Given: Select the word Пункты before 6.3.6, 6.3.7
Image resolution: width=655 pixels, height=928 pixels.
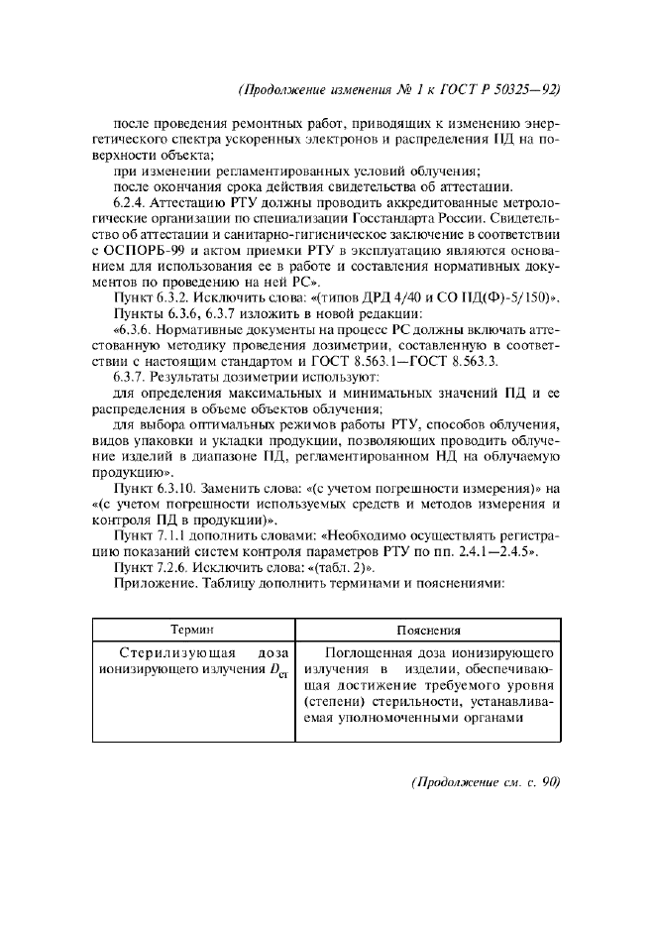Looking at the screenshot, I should coord(138,313).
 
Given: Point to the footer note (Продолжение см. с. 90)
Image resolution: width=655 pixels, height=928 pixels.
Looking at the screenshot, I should coord(487,781).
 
